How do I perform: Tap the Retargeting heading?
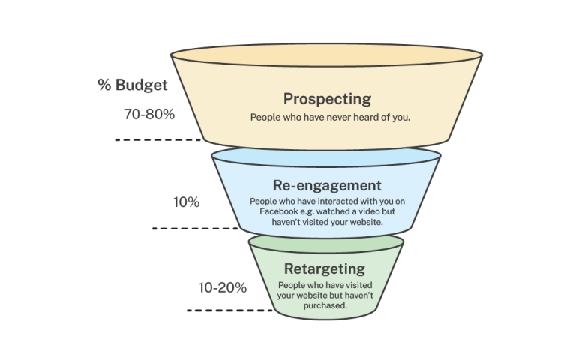[x=324, y=268]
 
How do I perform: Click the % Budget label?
[x=132, y=85]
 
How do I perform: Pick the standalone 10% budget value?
[x=186, y=202]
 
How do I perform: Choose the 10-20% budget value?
[x=223, y=288]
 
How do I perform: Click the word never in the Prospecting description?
[x=341, y=118]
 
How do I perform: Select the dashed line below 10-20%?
[x=229, y=310]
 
